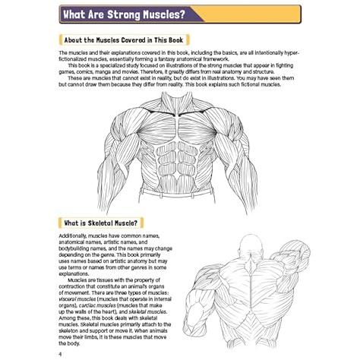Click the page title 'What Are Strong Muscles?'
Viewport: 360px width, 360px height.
pos(124,14)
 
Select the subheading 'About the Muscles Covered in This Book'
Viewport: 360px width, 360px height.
pos(124,40)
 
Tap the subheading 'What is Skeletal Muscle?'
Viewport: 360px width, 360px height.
pos(101,223)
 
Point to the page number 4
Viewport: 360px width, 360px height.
pos(60,354)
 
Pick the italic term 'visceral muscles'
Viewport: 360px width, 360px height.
pos(77,299)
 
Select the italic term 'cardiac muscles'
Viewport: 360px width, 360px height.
pos(97,305)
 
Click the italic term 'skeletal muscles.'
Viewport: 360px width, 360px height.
pos(148,312)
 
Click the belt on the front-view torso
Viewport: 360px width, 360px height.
pos(177,193)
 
